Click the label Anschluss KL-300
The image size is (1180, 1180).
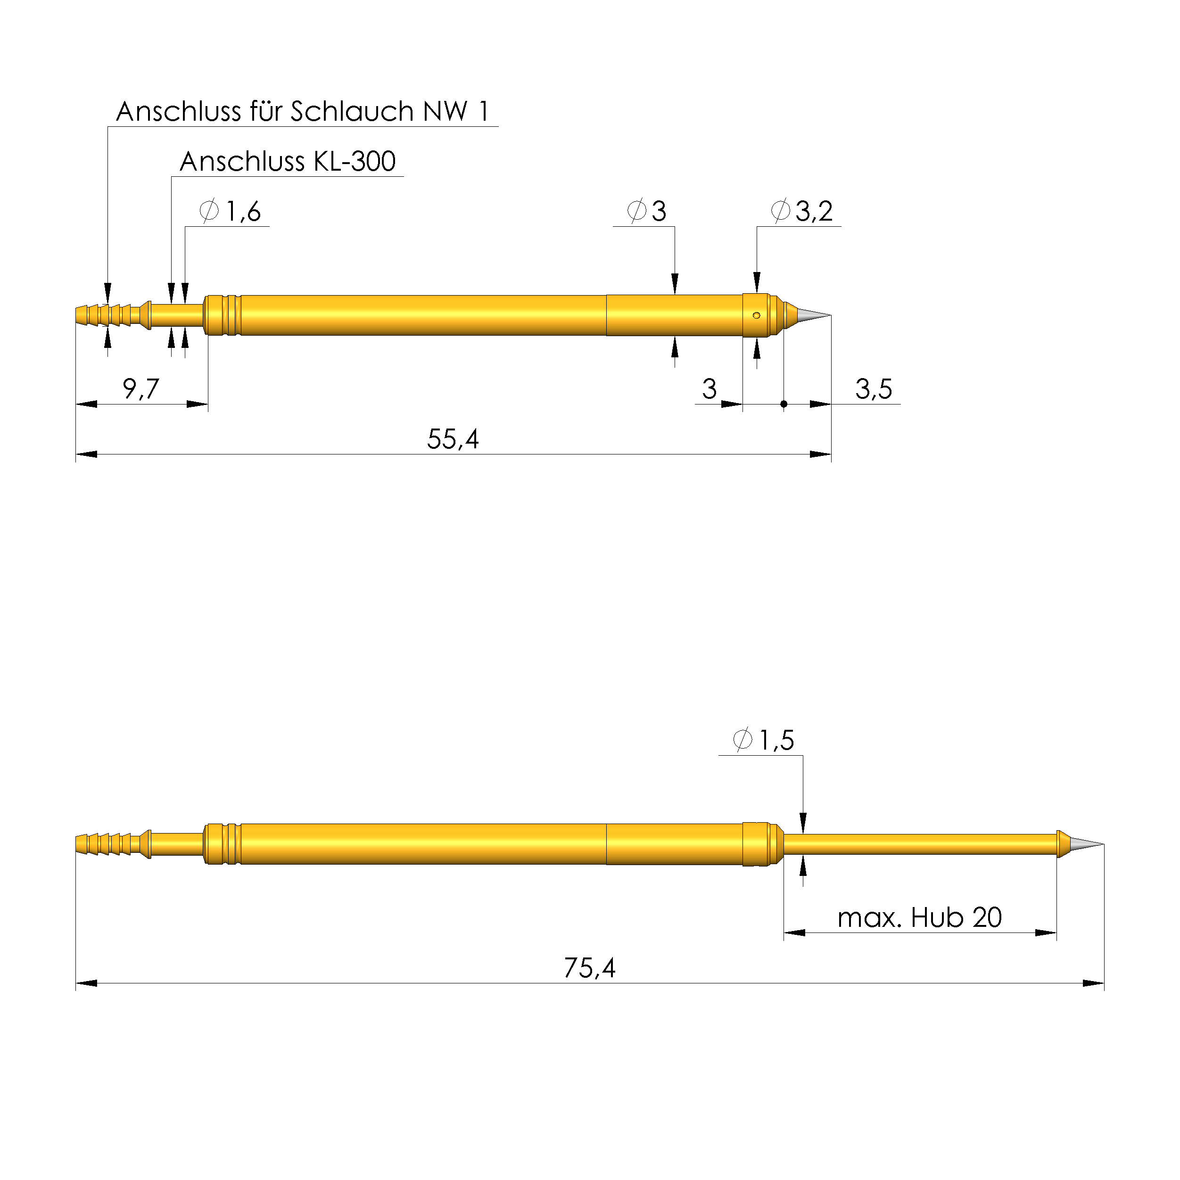[287, 162]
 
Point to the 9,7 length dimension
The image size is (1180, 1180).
[140, 389]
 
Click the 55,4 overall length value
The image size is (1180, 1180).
[453, 439]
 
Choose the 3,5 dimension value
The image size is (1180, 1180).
[874, 389]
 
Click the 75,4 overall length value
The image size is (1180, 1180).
[589, 968]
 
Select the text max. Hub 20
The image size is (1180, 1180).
[919, 918]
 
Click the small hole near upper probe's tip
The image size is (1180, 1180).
[756, 316]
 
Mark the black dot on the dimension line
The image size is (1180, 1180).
[784, 404]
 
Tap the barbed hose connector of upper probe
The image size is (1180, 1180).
[104, 315]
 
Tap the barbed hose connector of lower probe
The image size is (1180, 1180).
[104, 844]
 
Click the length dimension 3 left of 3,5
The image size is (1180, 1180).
[709, 389]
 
